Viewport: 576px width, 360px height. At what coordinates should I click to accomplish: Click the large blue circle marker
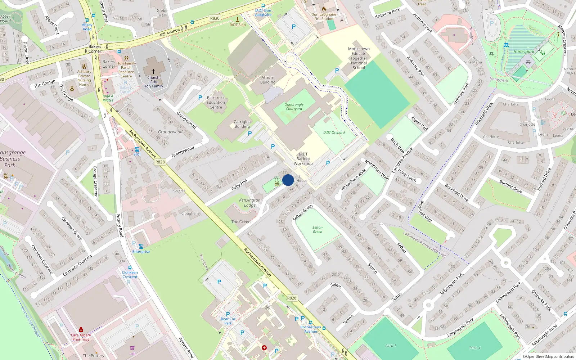(288, 180)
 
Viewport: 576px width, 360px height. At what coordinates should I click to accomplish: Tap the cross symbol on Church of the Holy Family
(153, 72)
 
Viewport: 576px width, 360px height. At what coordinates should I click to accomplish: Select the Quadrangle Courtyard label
(294, 107)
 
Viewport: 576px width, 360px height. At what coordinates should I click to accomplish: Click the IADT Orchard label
(334, 132)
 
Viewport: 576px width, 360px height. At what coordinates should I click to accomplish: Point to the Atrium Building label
(268, 80)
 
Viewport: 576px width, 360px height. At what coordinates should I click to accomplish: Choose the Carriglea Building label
(242, 124)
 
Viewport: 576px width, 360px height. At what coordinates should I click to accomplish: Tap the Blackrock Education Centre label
(216, 103)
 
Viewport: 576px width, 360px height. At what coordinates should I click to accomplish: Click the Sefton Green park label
(318, 230)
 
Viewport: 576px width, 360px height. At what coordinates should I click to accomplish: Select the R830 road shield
(215, 18)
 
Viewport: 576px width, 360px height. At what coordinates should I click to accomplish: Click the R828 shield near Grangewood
(160, 162)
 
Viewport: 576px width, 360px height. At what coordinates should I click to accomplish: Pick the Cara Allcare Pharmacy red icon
(81, 329)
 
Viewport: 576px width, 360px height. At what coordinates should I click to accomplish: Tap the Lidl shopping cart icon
(132, 348)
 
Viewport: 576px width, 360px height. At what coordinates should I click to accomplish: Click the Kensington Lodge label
(250, 202)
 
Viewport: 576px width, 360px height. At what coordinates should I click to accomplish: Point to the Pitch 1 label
(391, 346)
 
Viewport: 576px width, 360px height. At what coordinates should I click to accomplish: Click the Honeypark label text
(524, 52)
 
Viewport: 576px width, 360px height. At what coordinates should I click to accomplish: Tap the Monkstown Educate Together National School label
(359, 58)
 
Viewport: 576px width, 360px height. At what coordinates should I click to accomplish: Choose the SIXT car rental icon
(137, 149)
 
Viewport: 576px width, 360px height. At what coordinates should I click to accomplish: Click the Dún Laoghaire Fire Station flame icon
(324, 9)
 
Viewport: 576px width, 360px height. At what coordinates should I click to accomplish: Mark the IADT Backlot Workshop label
(303, 159)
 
